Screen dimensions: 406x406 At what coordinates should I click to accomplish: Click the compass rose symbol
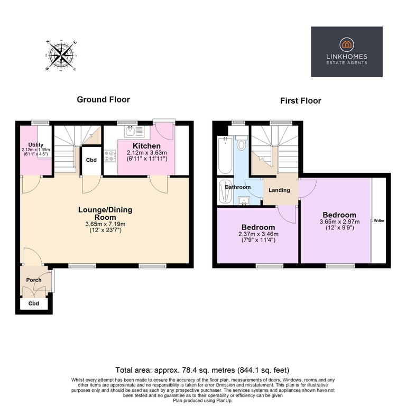click(61, 55)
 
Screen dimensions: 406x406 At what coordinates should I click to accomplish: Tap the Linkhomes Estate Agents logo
click(346, 51)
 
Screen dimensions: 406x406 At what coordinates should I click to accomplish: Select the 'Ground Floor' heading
click(103, 99)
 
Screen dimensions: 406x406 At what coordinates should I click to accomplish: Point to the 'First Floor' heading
click(300, 100)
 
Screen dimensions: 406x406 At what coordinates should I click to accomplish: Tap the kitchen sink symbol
click(130, 131)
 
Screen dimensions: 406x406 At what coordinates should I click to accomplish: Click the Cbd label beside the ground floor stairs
click(91, 160)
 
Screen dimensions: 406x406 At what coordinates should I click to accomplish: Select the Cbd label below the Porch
click(34, 304)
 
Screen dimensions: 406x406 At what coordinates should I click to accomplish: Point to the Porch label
click(34, 280)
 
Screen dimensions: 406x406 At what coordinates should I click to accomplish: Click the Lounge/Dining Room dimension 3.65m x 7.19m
click(105, 224)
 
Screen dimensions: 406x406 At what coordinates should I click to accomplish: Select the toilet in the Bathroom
click(241, 143)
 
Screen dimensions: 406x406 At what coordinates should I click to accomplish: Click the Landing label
click(280, 190)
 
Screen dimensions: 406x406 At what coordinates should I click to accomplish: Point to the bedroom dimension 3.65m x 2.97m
click(339, 222)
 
